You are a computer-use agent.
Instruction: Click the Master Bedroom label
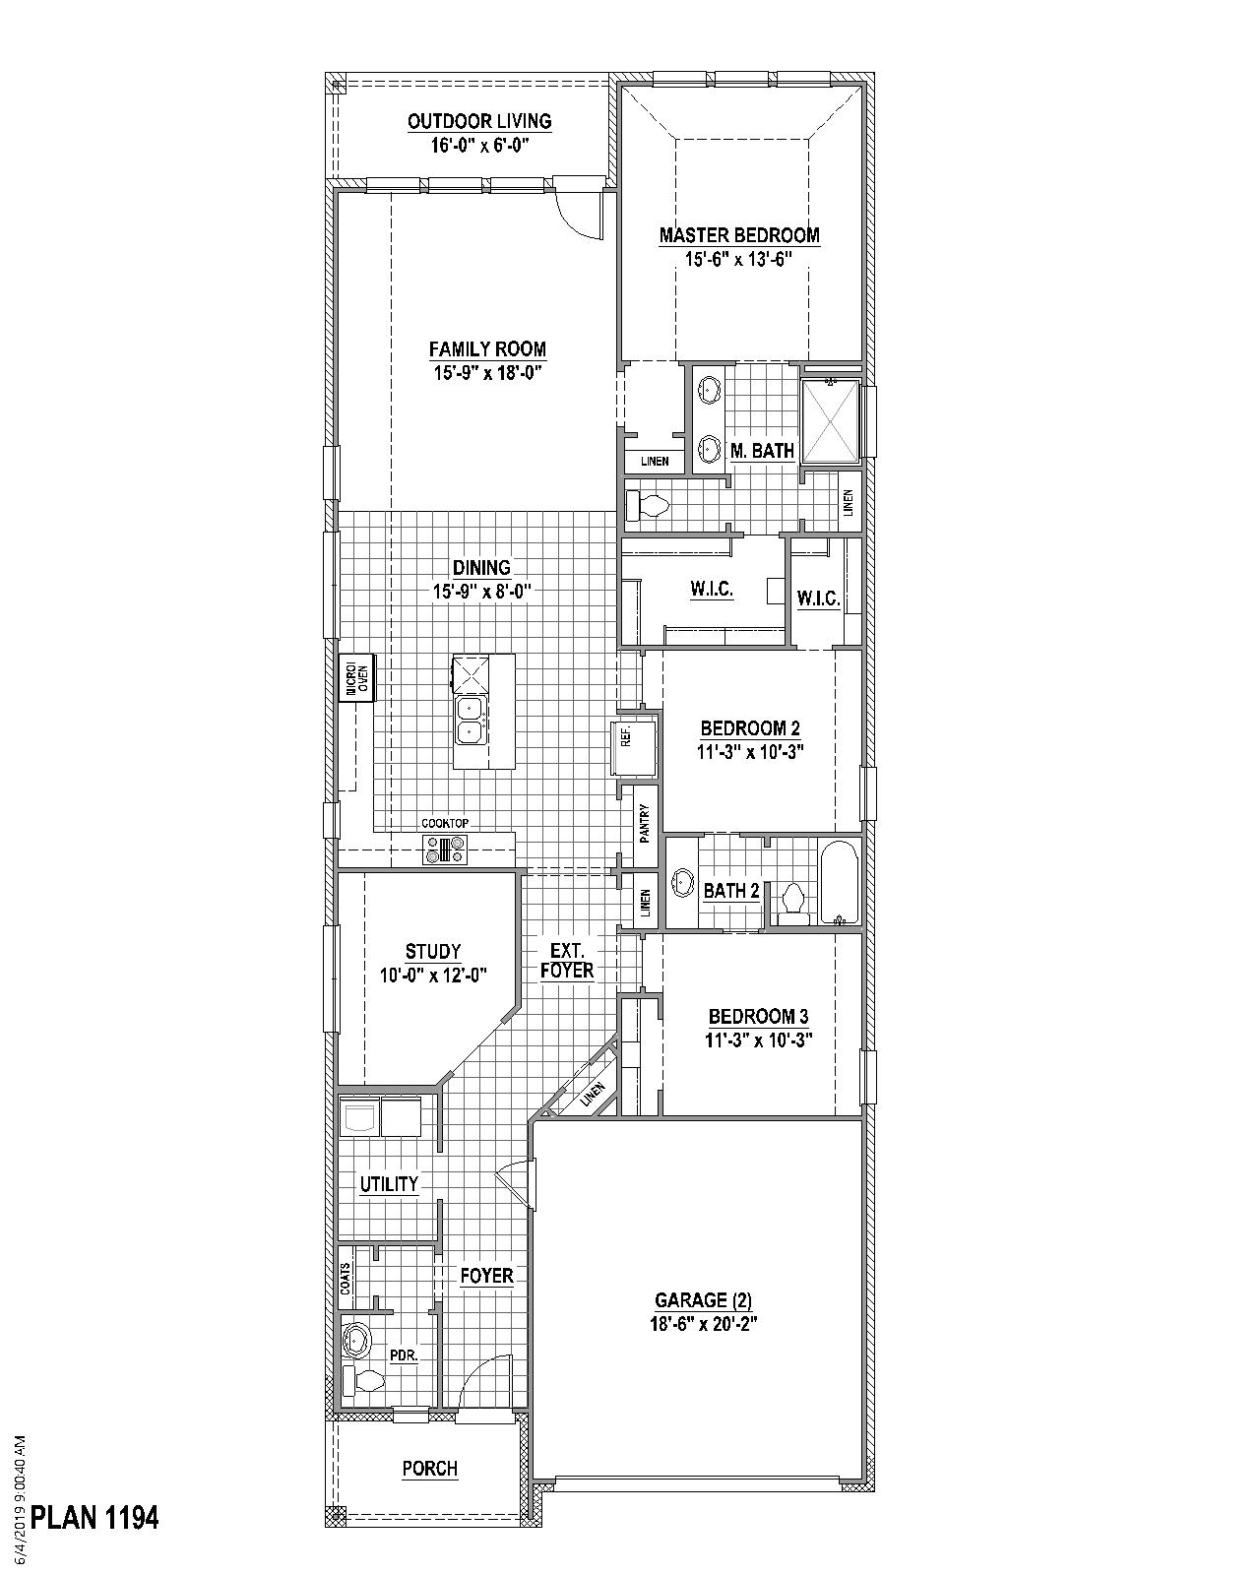click(739, 235)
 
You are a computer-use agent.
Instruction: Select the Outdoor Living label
click(479, 121)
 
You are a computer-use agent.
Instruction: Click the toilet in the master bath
click(649, 506)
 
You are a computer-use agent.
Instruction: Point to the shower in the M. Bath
click(831, 421)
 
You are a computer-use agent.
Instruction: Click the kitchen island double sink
click(470, 720)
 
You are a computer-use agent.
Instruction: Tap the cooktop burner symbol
click(446, 849)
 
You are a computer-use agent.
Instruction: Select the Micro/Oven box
click(357, 677)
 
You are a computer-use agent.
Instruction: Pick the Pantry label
click(645, 823)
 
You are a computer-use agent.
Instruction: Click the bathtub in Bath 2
click(840, 882)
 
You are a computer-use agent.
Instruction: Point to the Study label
click(433, 951)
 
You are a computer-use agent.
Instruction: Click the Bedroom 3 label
click(759, 1016)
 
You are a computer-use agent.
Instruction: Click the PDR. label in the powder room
click(404, 1355)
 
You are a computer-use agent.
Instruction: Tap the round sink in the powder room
click(357, 1341)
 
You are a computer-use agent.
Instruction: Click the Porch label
click(430, 1469)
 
